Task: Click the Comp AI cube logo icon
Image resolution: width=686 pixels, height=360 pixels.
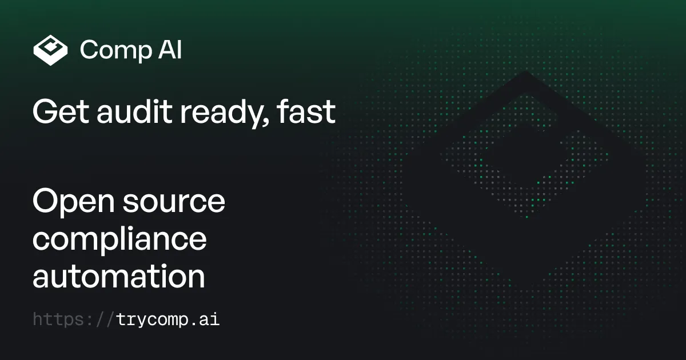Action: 51,50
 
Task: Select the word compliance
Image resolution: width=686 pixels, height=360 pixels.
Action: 119,240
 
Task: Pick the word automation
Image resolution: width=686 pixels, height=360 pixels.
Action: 118,277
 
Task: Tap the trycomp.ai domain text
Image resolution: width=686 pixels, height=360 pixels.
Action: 167,319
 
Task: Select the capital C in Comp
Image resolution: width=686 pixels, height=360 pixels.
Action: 90,50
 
